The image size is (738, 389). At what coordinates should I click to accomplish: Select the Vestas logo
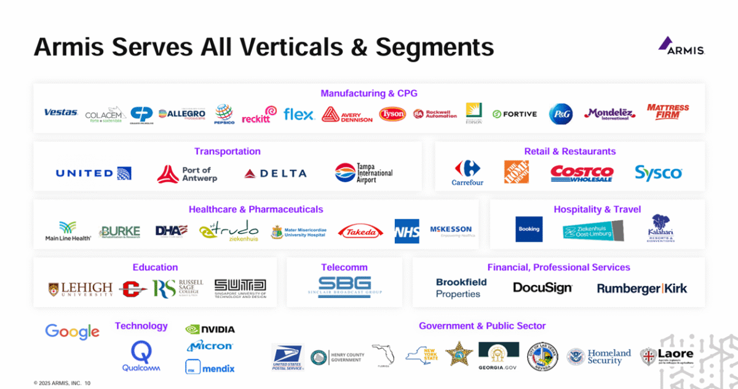coord(61,113)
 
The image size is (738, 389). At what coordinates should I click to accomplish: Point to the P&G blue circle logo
coord(560,114)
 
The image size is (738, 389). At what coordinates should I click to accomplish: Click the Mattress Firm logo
coord(668,112)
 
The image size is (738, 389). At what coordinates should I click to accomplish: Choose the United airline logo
coord(93,173)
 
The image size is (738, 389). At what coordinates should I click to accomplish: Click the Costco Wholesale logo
coord(581,173)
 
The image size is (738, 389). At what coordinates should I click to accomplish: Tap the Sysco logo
coord(658,173)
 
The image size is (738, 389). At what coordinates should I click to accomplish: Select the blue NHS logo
coord(407,231)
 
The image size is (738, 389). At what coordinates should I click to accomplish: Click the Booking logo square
coord(529,229)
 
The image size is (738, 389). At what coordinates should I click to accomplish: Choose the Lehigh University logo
coord(81,289)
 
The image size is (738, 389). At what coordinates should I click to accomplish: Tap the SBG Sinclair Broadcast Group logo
coord(344,287)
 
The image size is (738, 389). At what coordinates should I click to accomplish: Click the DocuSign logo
coord(542,287)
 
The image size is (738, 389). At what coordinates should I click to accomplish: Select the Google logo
coord(72,331)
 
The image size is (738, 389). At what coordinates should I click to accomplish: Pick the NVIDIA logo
coord(210,329)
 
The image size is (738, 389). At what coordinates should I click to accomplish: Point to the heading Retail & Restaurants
coord(569,151)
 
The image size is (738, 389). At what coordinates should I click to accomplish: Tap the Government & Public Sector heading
coord(482,326)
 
